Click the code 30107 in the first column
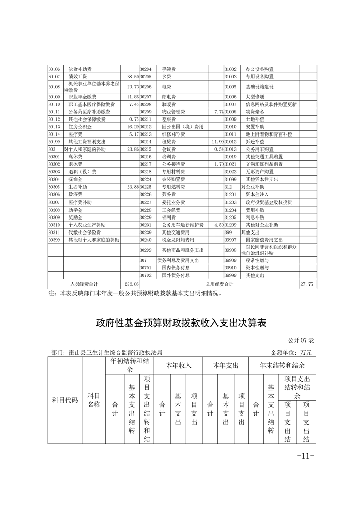(54, 77)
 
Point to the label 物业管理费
(173, 111)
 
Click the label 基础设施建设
(259, 87)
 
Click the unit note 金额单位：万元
(291, 352)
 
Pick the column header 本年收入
(179, 365)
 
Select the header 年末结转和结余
(282, 365)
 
